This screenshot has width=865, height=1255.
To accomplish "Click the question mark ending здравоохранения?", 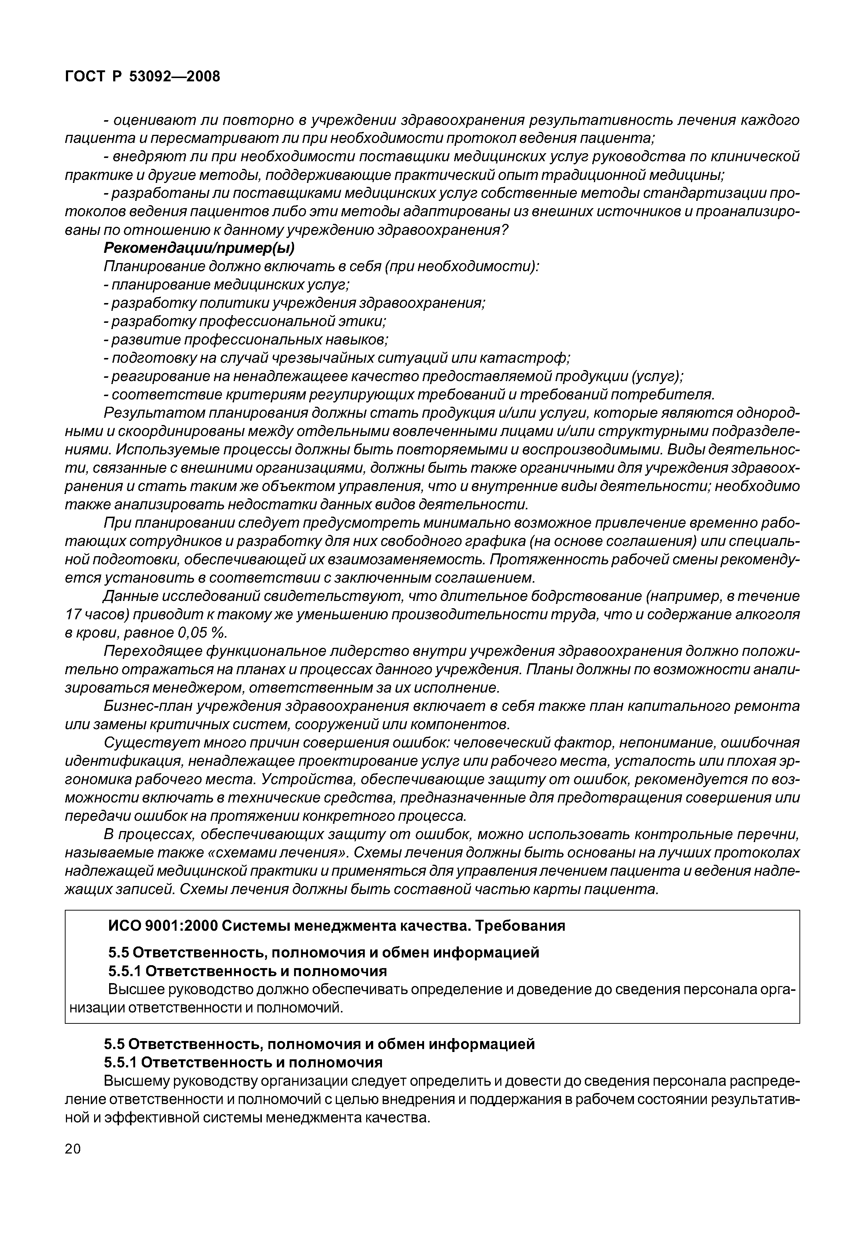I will pos(505,230).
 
